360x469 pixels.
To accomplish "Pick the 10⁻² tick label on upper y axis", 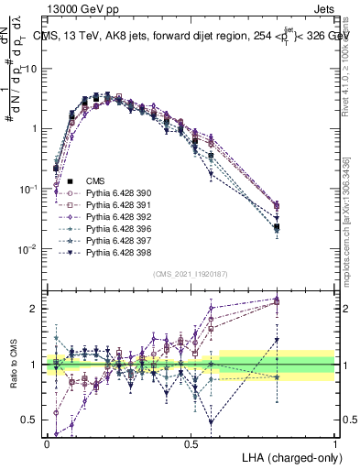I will (30, 248).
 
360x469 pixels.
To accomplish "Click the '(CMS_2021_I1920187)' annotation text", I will (191, 273).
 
